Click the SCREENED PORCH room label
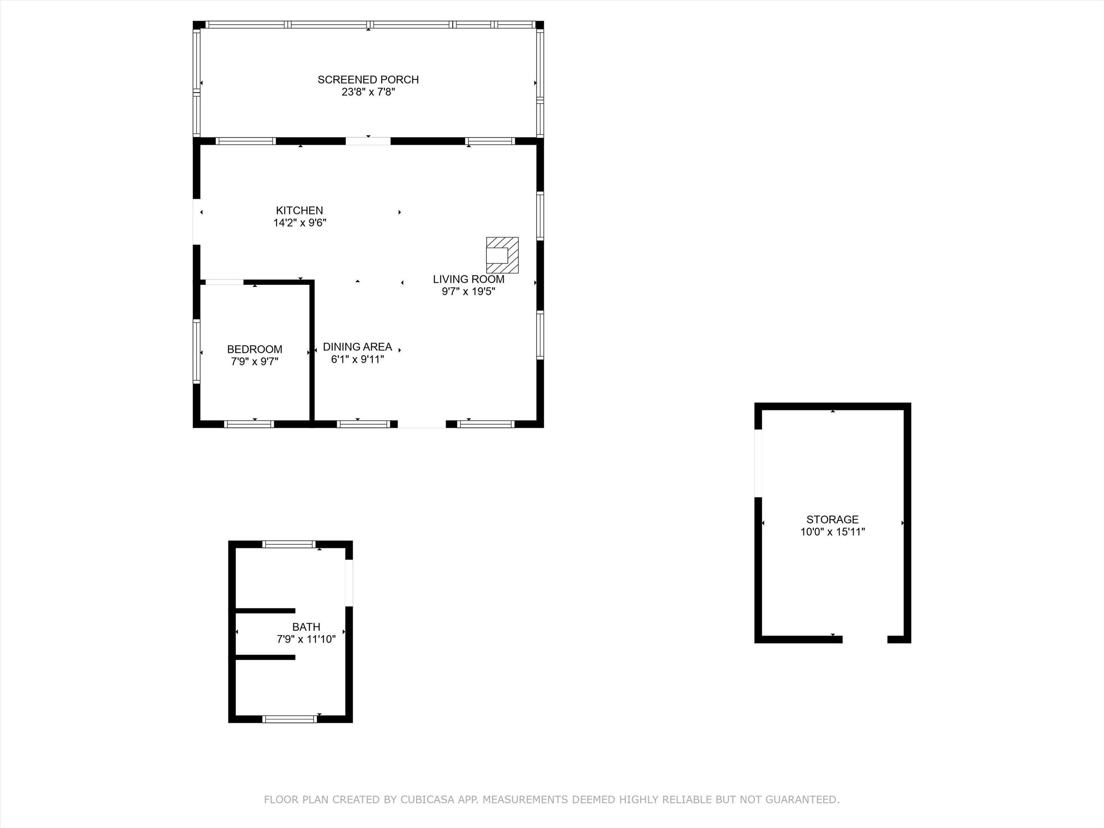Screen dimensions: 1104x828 (x=368, y=79)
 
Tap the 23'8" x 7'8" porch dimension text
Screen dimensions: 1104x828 (x=368, y=92)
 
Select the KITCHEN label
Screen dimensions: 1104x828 (x=299, y=211)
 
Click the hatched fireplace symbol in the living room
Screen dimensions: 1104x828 (x=502, y=255)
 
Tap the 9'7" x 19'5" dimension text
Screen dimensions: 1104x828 (x=468, y=291)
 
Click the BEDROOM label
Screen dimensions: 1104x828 (x=254, y=349)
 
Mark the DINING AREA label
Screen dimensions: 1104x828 (x=357, y=347)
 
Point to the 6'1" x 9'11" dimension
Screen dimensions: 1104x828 (x=357, y=359)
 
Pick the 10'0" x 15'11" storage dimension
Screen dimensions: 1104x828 (x=832, y=532)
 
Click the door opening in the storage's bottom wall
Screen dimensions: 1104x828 (x=865, y=639)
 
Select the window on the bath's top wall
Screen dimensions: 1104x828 (x=289, y=544)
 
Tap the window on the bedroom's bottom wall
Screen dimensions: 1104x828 (x=249, y=424)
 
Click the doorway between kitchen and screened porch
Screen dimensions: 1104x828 (x=368, y=141)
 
